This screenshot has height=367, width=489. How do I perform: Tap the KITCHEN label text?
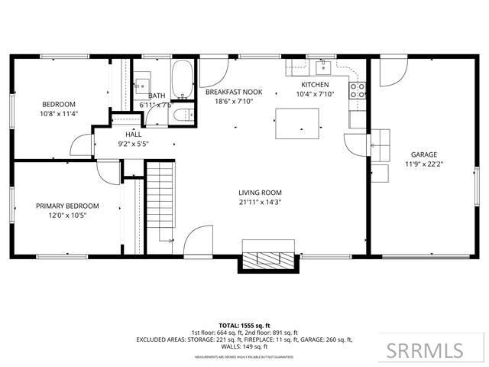315,84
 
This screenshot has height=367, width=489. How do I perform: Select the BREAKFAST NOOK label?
234,92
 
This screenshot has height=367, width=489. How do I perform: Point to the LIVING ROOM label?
260,193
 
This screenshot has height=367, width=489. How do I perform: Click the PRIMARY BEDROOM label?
67,206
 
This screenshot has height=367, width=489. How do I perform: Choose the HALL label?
134,134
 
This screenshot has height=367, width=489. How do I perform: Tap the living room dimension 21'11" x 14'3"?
260,203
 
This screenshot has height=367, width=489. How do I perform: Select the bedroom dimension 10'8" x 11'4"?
58,113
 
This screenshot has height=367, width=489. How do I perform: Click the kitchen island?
298,122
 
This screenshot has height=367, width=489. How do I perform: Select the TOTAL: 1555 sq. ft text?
244,324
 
